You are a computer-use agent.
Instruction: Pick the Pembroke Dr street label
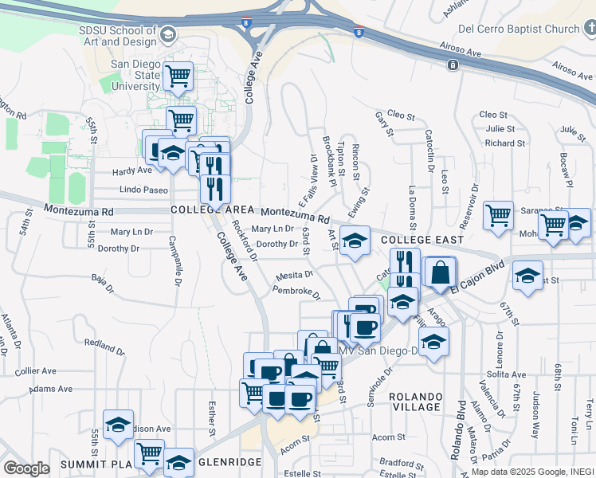(x=296, y=292)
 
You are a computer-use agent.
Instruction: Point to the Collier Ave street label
(x=36, y=371)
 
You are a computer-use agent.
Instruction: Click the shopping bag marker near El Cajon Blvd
(x=440, y=272)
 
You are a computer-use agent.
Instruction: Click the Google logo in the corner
(x=26, y=468)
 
